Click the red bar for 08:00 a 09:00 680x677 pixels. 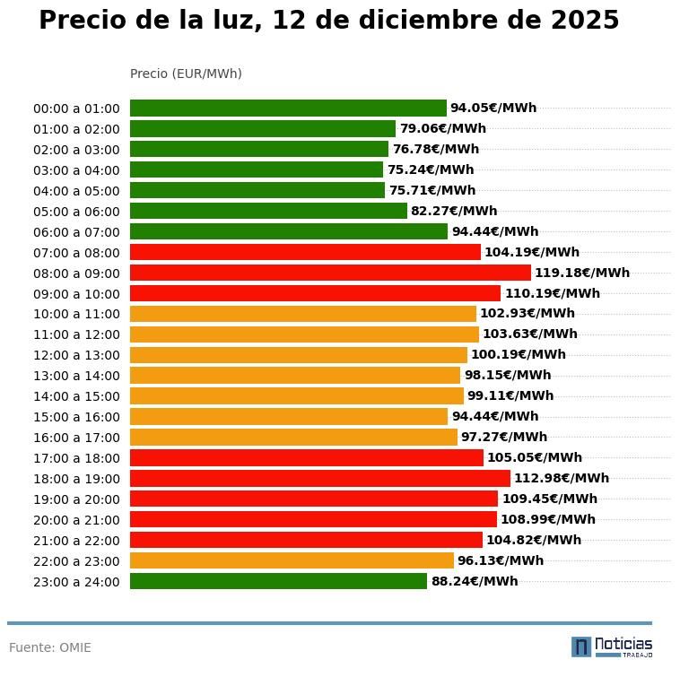(x=330, y=273)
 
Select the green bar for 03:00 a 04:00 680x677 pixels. (x=257, y=169)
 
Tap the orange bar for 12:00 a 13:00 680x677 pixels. (x=299, y=354)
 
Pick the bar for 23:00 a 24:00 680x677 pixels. (x=278, y=581)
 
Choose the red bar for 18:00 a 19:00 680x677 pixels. (x=319, y=478)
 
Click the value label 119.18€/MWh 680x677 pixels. (x=581, y=273)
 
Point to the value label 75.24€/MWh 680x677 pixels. (x=431, y=169)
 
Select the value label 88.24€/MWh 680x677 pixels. (x=474, y=581)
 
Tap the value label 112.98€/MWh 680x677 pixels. (x=561, y=478)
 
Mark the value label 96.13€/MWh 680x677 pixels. (x=500, y=560)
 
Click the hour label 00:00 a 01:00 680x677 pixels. (x=76, y=108)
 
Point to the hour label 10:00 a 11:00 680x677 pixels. (x=76, y=314)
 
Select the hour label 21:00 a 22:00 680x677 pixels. (x=76, y=541)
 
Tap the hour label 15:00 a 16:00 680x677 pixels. (x=76, y=417)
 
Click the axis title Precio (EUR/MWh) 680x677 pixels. (x=186, y=74)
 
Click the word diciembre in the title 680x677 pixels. (x=426, y=21)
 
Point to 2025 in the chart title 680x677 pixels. (x=584, y=21)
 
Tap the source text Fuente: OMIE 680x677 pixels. (x=50, y=647)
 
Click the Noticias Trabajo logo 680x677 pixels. (x=612, y=647)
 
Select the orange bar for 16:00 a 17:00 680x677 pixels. (x=293, y=437)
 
